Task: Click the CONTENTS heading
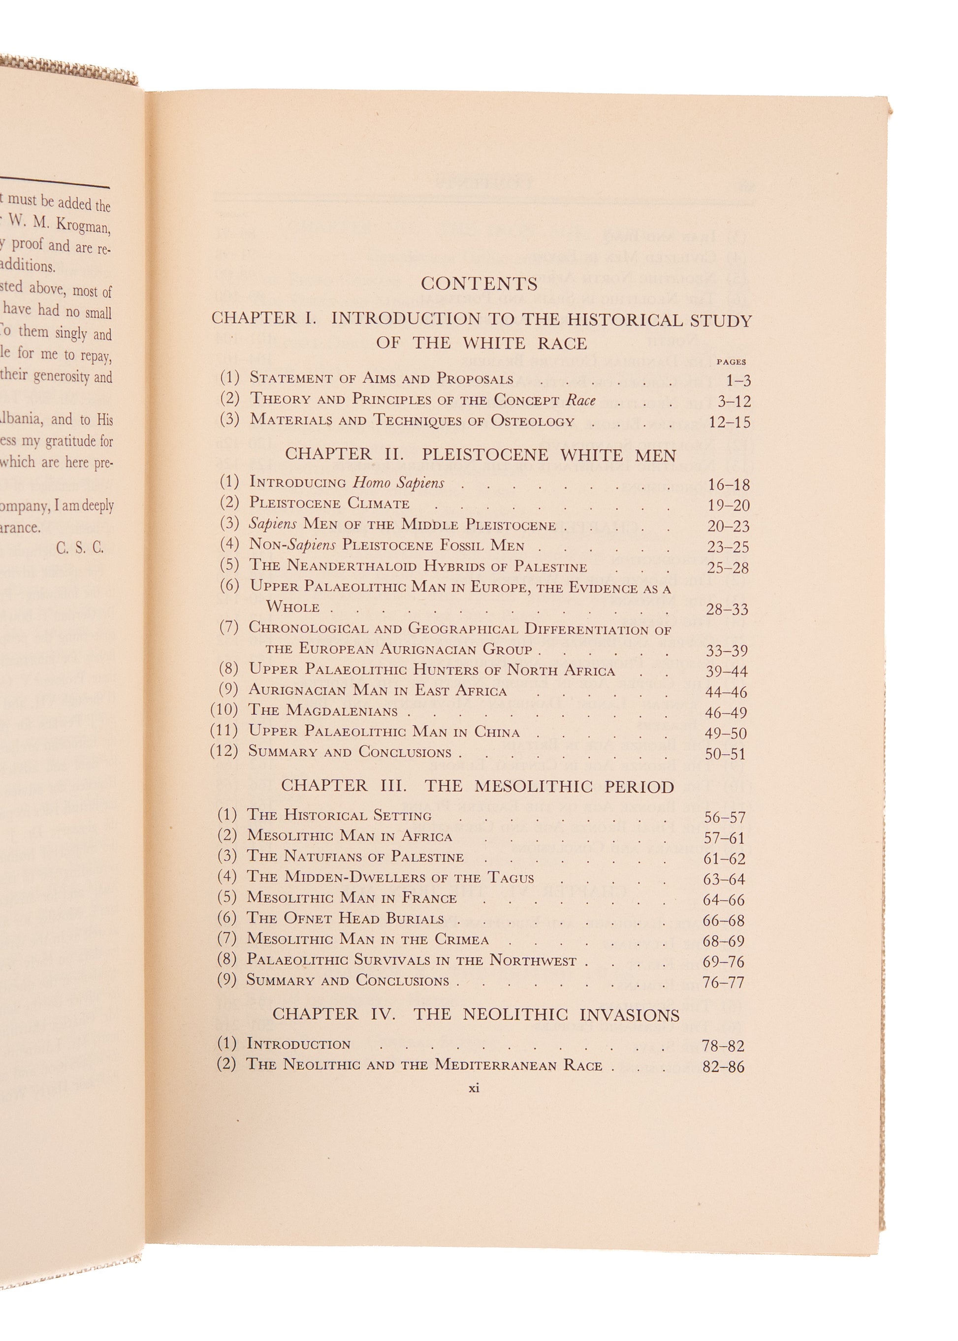coord(479,284)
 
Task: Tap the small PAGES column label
coord(731,362)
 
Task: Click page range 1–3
coord(738,381)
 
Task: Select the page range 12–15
coord(730,422)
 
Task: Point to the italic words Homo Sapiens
coord(398,482)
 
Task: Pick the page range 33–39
coord(727,651)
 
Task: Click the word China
coord(497,732)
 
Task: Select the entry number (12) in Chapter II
coord(224,751)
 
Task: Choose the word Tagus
coord(511,877)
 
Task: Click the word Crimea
coord(461,939)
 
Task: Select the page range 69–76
coord(723,961)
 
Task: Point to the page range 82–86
coord(723,1067)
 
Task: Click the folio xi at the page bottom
coord(474,1088)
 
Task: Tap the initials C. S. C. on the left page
coord(80,548)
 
